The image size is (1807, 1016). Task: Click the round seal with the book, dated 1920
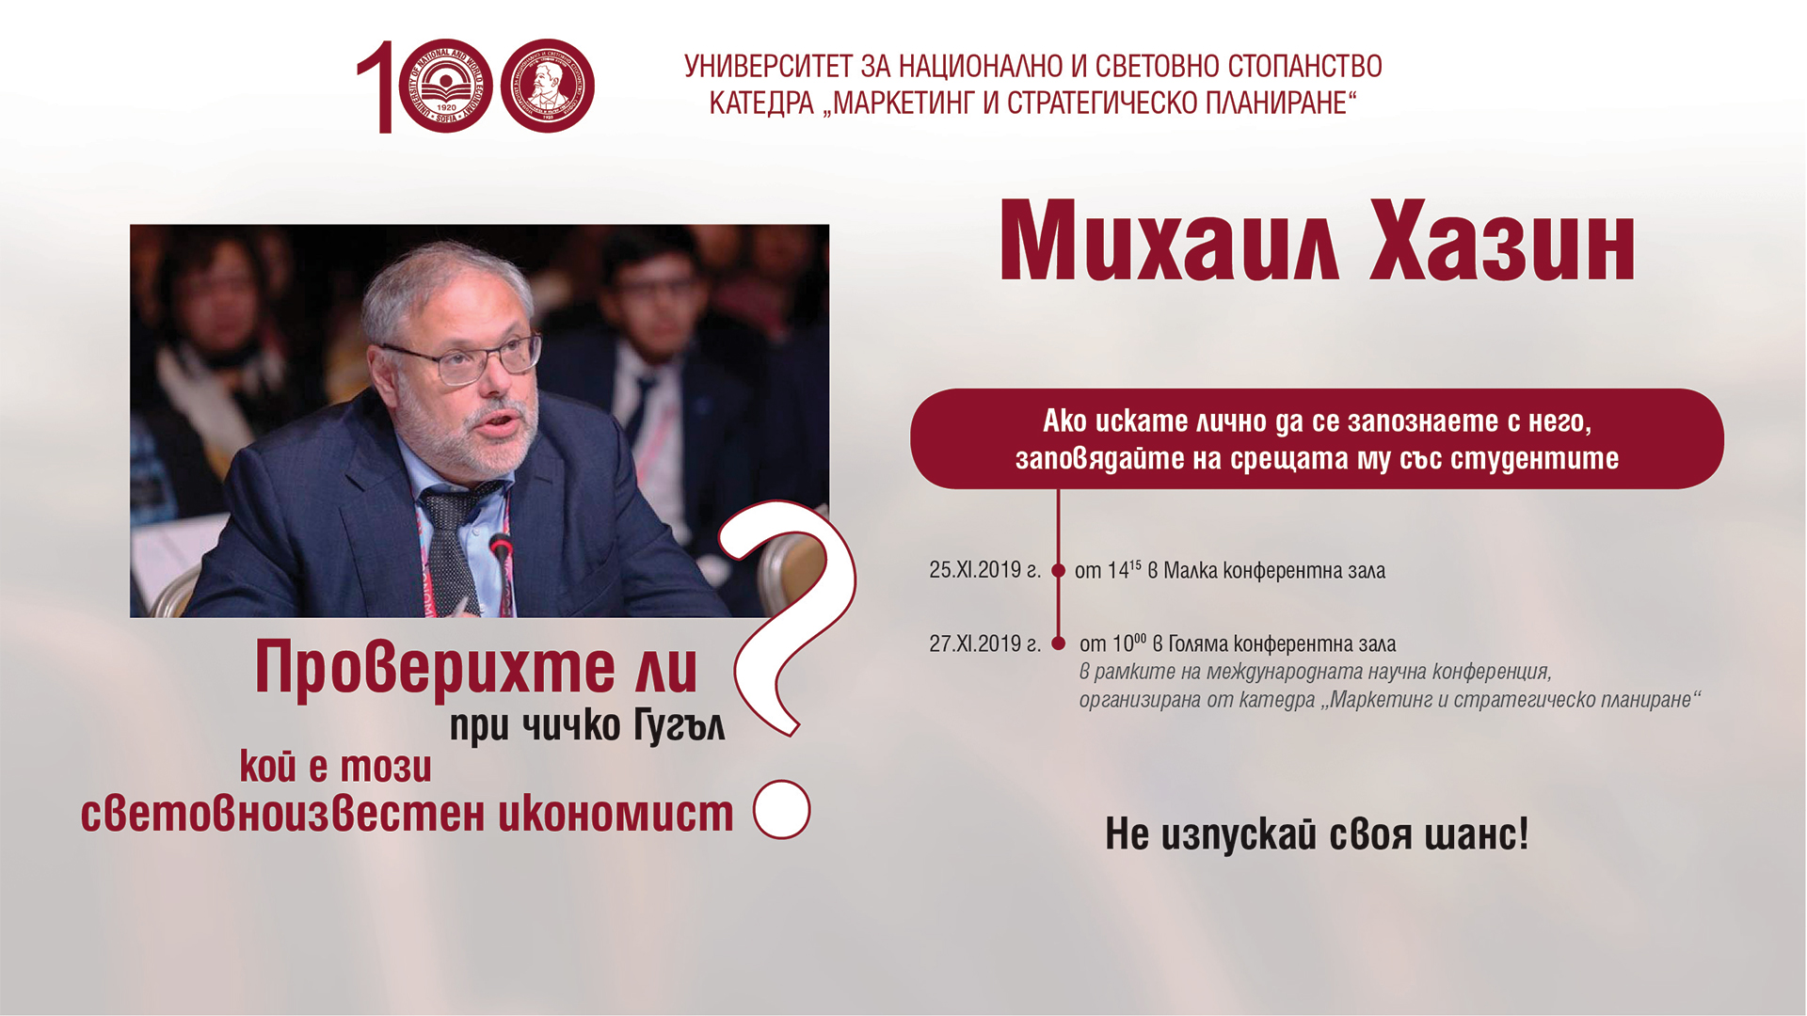445,86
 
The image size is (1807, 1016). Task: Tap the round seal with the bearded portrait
547,86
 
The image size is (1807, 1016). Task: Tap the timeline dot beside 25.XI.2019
1058,570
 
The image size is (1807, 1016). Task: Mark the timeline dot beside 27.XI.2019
1058,643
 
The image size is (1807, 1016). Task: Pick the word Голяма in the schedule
1198,643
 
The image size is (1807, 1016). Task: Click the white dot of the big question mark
782,809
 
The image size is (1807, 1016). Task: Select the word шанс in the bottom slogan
1475,833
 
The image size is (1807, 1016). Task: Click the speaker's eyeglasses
461,358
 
